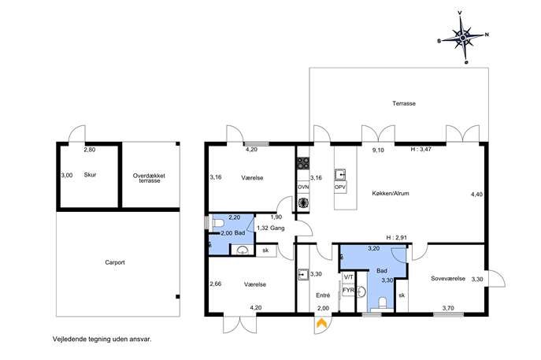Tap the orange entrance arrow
point(321,324)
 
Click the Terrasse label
point(404,103)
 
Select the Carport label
point(115,262)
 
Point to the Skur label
point(90,175)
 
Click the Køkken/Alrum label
point(391,193)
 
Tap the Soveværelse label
point(448,278)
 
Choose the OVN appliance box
point(303,187)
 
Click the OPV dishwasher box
point(340,187)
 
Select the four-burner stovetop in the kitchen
point(303,163)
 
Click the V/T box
point(348,277)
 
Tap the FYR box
point(348,290)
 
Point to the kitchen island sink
point(340,174)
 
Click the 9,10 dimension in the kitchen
point(378,150)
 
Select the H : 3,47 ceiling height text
point(421,150)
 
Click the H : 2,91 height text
point(396,237)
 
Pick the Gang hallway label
point(277,228)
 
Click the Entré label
point(323,295)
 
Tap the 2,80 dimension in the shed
point(90,150)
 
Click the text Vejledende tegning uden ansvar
point(102,339)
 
